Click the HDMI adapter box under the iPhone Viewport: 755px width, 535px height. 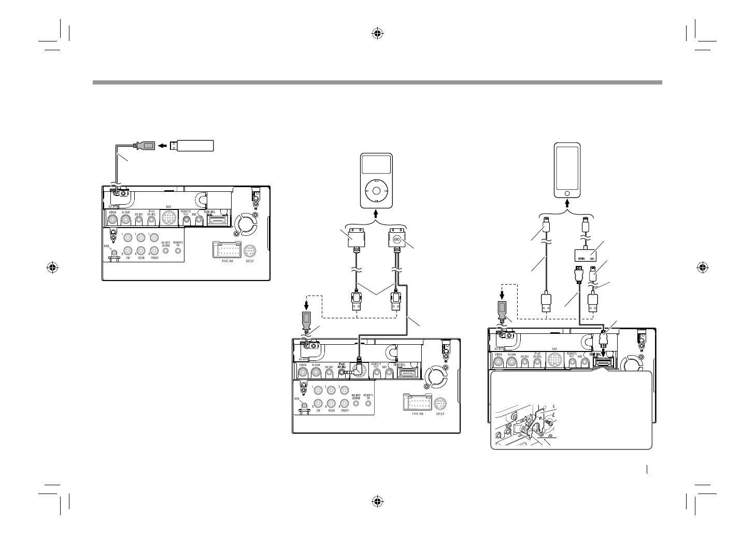(x=585, y=255)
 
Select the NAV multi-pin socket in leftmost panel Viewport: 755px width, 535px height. (x=168, y=219)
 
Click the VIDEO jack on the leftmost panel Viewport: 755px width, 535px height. (x=112, y=220)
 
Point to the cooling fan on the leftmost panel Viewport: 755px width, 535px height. (x=245, y=224)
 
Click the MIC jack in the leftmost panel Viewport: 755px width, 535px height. (x=197, y=220)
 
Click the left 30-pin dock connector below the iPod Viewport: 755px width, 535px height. (x=355, y=239)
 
